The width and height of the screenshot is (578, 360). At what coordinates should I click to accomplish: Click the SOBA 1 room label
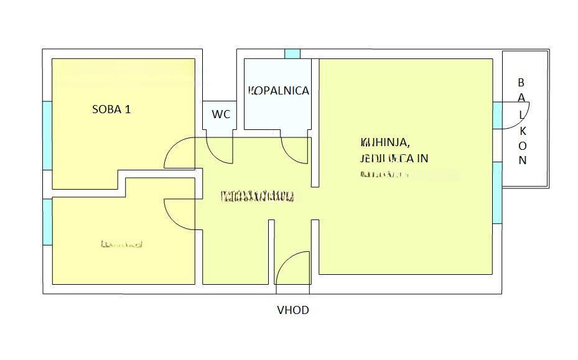pyautogui.click(x=111, y=109)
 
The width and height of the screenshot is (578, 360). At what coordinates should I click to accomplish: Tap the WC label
pyautogui.click(x=221, y=114)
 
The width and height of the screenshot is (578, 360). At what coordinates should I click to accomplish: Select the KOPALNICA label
pyautogui.click(x=279, y=91)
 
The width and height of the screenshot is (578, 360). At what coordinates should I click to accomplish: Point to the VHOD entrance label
pyautogui.click(x=292, y=310)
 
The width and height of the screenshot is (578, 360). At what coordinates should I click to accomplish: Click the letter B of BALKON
pyautogui.click(x=522, y=82)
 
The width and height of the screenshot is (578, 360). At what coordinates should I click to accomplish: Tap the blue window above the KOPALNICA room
pyautogui.click(x=292, y=54)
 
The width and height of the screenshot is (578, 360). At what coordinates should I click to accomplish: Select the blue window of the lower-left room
pyautogui.click(x=47, y=221)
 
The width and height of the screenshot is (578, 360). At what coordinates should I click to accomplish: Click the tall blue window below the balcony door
pyautogui.click(x=497, y=192)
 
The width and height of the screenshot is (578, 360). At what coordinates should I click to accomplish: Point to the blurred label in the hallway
pyautogui.click(x=258, y=198)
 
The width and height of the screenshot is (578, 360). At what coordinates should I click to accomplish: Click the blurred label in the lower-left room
pyautogui.click(x=121, y=244)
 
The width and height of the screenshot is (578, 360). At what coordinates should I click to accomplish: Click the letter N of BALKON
pyautogui.click(x=523, y=160)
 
